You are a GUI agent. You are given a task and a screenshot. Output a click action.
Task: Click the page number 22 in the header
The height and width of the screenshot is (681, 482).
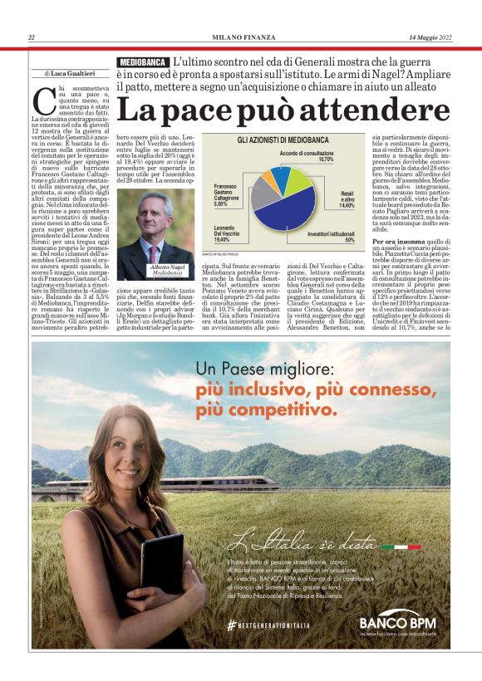(32, 37)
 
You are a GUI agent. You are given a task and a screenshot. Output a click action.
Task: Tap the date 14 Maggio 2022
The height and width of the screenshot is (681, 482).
(429, 37)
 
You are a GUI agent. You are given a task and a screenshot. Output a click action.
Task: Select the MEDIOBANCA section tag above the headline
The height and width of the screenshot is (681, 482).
(142, 62)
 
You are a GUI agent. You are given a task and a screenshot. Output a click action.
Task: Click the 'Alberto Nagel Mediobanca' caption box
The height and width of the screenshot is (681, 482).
(166, 269)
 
